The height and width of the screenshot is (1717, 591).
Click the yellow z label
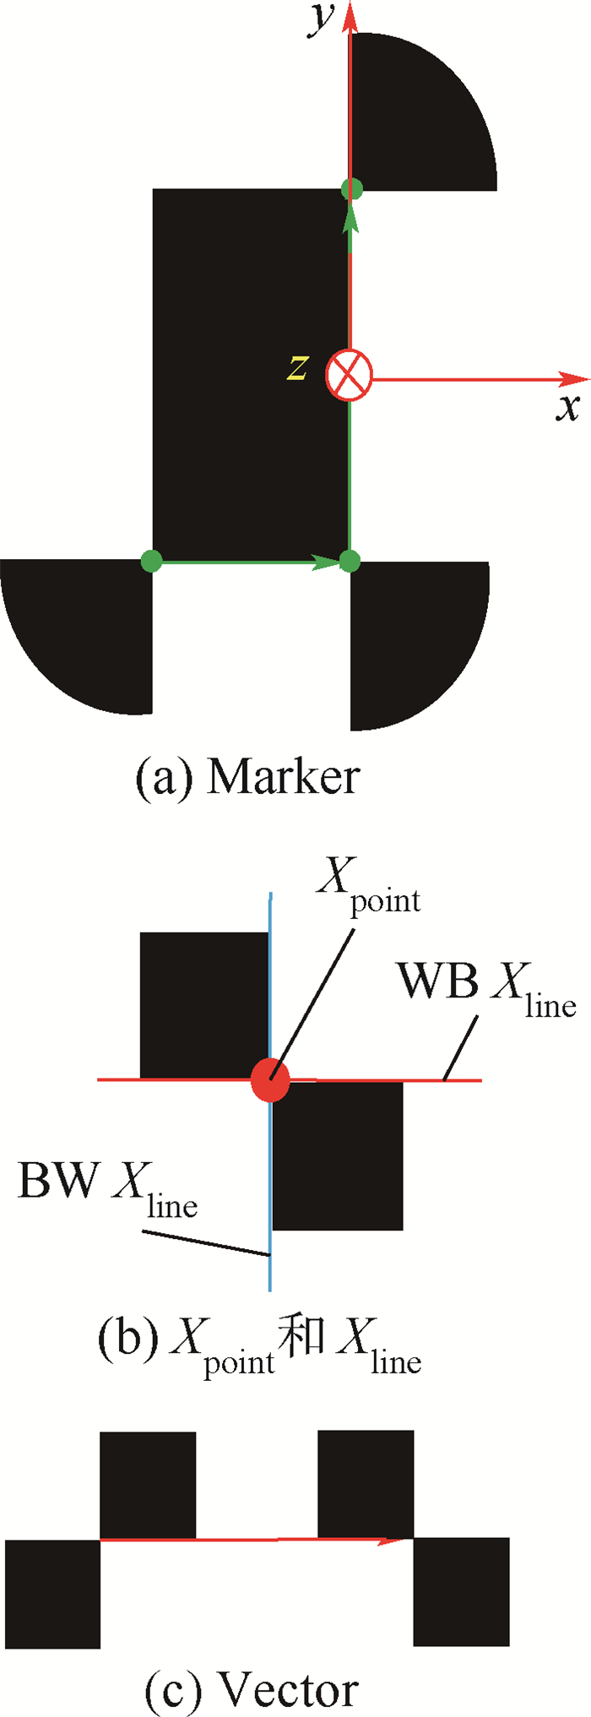coord(296,369)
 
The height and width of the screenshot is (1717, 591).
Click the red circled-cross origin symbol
coord(349,375)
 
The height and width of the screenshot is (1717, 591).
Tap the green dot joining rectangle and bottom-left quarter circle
coord(150,560)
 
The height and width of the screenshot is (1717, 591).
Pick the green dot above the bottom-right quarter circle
coord(350,560)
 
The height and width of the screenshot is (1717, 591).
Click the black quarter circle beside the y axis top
coord(414,118)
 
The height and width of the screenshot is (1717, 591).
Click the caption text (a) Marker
coord(247,777)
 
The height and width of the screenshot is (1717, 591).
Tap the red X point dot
coord(270,1080)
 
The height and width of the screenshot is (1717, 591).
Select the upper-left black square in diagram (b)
coord(203,1005)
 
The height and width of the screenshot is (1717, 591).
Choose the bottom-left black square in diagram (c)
coord(52,1593)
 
